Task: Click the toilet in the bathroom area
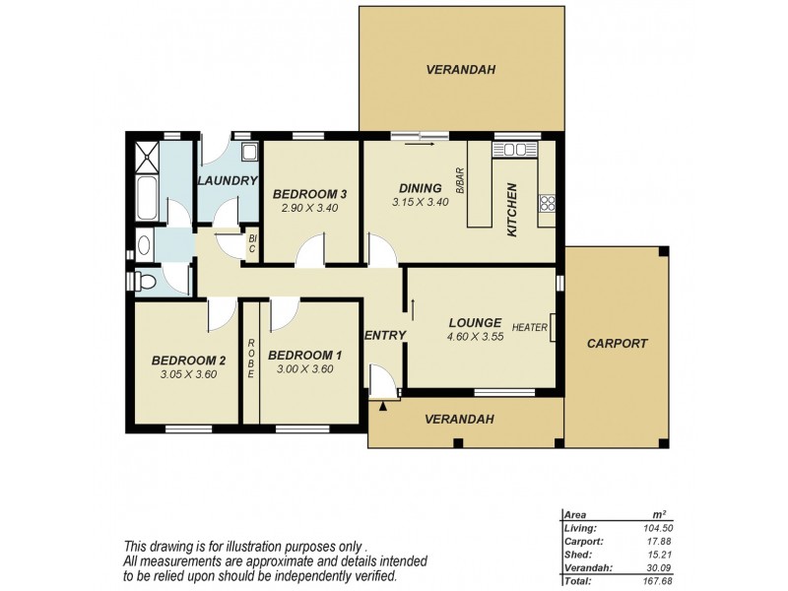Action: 146,281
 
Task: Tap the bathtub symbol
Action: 144,196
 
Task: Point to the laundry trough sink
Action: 249,152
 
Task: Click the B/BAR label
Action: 459,183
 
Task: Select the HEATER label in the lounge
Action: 529,328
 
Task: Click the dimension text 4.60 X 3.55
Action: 477,337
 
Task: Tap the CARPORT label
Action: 617,344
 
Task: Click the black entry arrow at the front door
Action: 382,404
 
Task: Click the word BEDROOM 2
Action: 187,360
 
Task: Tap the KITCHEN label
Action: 511,210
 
